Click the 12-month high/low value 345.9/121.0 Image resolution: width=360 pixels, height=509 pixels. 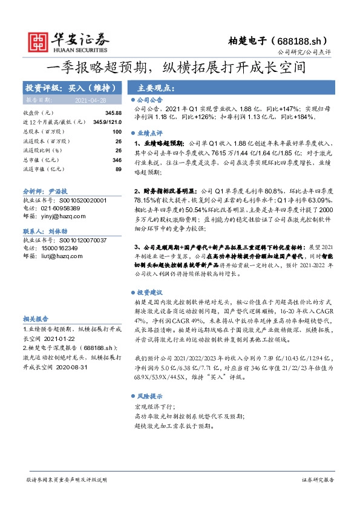point(108,122)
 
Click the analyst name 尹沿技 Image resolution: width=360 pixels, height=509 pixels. point(56,190)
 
